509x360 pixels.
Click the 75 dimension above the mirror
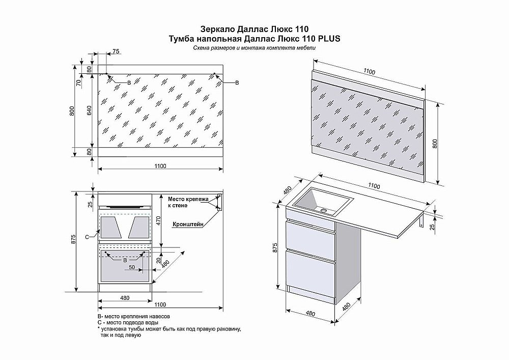116,51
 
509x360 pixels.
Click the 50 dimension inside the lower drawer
131,267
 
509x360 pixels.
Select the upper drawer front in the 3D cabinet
310,237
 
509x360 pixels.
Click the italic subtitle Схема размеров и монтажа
254,47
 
